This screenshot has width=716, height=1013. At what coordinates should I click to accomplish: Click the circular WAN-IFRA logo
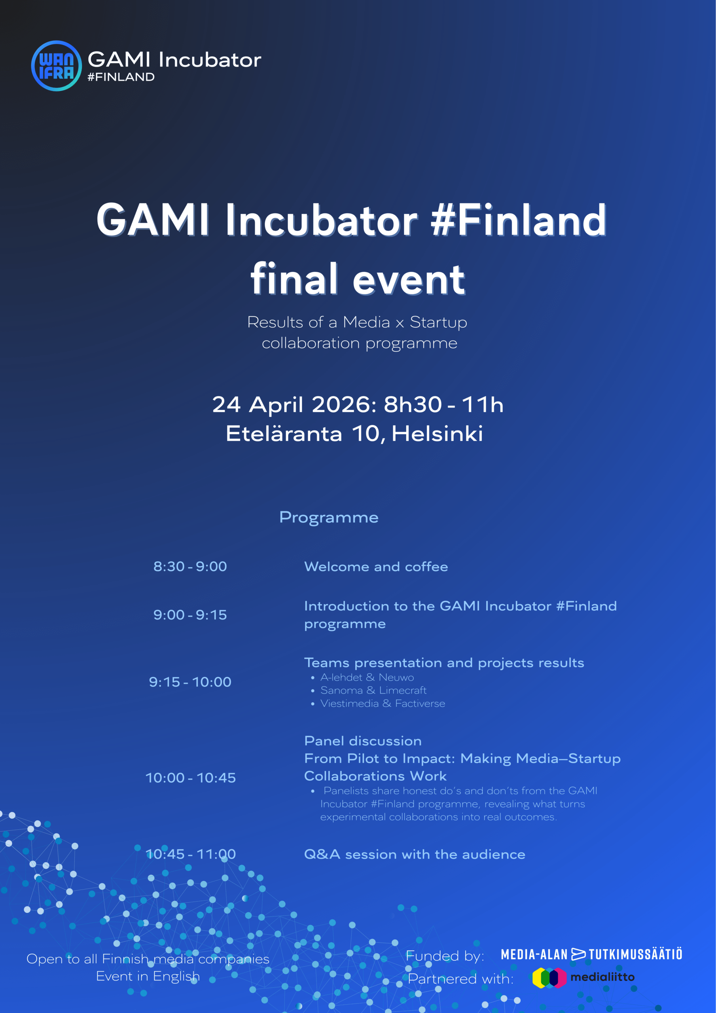(x=57, y=66)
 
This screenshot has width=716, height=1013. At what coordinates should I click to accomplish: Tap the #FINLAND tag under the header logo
(x=121, y=77)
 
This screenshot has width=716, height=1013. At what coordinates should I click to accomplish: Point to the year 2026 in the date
(x=344, y=404)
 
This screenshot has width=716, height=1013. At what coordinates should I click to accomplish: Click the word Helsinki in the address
(x=437, y=434)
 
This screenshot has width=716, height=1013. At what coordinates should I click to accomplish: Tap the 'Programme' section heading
(x=329, y=518)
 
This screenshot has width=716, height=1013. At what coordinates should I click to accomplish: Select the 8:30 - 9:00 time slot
(x=190, y=567)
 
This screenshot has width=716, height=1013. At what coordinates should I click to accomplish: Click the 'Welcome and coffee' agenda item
(x=376, y=567)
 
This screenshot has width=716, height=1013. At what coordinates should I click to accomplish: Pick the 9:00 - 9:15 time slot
(x=190, y=615)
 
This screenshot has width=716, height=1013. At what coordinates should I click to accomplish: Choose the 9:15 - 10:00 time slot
(x=190, y=682)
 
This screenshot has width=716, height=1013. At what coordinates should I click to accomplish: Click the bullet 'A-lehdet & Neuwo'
(x=367, y=677)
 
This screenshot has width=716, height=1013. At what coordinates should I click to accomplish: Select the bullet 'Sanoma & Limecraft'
(x=373, y=690)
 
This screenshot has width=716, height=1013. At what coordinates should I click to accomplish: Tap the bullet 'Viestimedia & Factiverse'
(x=383, y=703)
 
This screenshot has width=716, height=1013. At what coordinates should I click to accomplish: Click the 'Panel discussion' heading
(x=363, y=741)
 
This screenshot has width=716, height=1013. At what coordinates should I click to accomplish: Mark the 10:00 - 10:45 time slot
(x=191, y=778)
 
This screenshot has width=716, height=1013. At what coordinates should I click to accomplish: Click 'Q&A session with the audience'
(x=415, y=855)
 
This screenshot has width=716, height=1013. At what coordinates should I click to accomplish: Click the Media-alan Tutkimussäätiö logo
(x=592, y=954)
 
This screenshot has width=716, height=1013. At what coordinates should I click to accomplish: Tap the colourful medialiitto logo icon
(x=549, y=978)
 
